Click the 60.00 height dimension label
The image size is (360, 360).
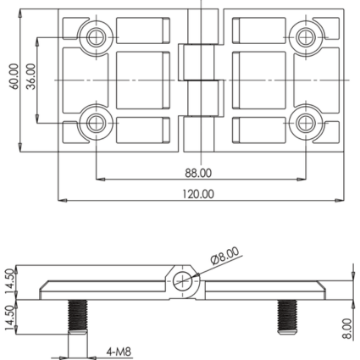[14, 76]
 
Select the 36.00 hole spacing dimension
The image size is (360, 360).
[30, 76]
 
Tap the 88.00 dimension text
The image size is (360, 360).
[198, 173]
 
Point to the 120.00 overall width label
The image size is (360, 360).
[198, 194]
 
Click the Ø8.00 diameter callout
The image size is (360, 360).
[224, 255]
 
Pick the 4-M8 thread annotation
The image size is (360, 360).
[119, 352]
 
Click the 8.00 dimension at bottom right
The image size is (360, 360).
[347, 329]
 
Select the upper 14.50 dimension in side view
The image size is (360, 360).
[9, 281]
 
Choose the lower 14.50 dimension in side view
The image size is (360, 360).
[9, 318]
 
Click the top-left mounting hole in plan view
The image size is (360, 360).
[97, 37]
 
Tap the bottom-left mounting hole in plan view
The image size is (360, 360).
[97, 123]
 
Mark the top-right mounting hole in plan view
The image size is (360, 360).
[306, 37]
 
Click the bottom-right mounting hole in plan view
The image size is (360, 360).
[306, 123]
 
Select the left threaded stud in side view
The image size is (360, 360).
[78, 317]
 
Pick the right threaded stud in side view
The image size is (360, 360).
[287, 317]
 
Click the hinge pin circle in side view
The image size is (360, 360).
[182, 281]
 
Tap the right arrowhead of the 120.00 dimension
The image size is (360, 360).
[340, 201]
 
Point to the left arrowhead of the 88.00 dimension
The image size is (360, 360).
[101, 179]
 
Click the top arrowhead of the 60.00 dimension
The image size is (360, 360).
[20, 14]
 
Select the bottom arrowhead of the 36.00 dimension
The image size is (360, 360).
[37, 119]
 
